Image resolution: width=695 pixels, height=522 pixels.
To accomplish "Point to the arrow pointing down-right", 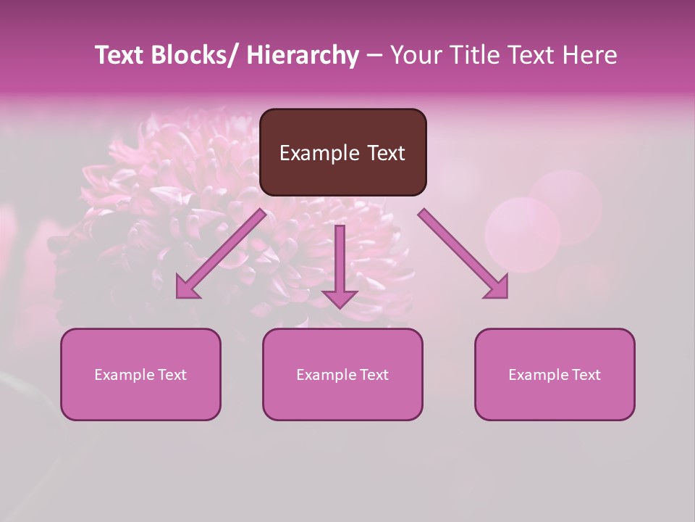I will coord(460,251).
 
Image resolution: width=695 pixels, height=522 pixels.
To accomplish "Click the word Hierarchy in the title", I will coord(303,55).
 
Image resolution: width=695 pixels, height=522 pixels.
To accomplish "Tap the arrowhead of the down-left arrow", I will coord(186,289).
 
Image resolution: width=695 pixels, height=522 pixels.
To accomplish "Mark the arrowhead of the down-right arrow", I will coord(498,289).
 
